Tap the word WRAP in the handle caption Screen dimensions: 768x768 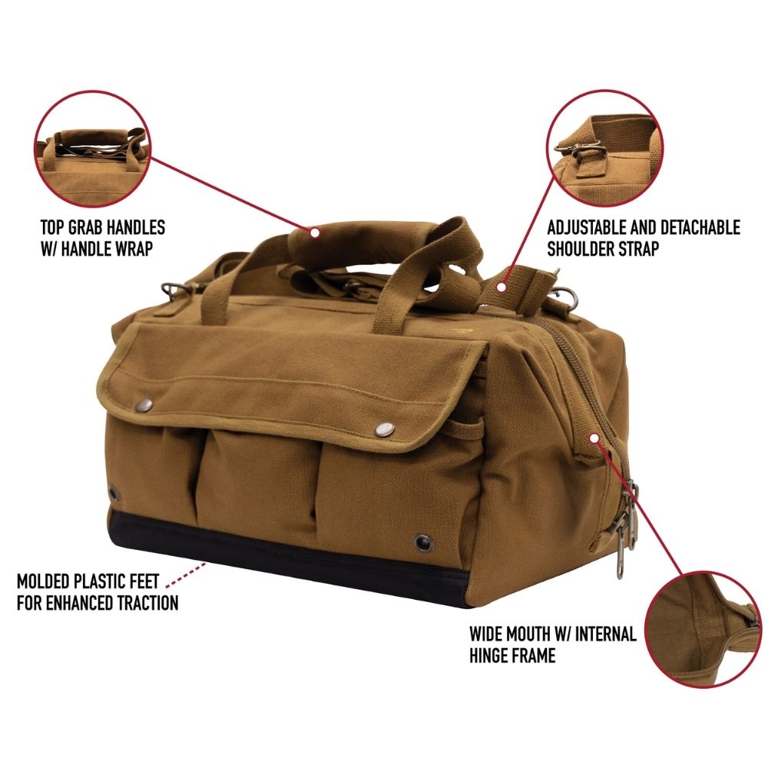134,249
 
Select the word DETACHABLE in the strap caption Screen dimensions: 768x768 700,228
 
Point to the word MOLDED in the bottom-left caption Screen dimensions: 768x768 43,581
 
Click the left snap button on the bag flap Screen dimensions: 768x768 144,404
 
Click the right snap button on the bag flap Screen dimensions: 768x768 385,429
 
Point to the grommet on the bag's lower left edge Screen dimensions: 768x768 114,493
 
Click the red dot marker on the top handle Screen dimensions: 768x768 314,232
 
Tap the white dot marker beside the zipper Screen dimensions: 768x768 594,437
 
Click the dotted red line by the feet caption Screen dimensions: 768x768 186,574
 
